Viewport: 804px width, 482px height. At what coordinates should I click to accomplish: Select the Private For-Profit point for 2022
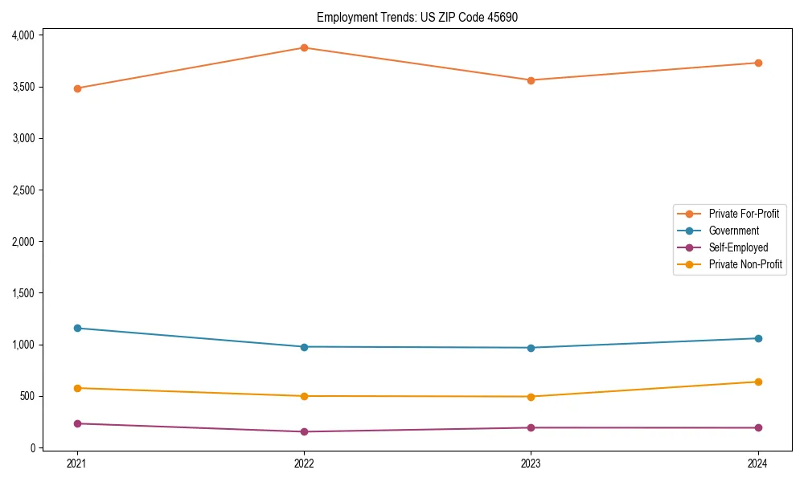(304, 47)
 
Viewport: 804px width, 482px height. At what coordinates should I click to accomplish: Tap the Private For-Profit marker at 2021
(77, 88)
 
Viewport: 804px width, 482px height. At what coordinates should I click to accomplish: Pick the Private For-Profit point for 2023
(531, 80)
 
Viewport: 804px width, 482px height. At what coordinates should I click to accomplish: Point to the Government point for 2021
(77, 328)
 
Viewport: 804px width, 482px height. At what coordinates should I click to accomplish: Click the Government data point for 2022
(304, 347)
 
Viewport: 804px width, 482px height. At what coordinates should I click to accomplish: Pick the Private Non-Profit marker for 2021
(77, 388)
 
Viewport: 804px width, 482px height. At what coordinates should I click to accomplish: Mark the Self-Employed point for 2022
(304, 431)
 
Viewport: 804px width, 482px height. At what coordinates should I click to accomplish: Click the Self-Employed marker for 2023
(531, 427)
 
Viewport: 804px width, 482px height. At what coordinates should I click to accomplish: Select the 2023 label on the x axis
(531, 464)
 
